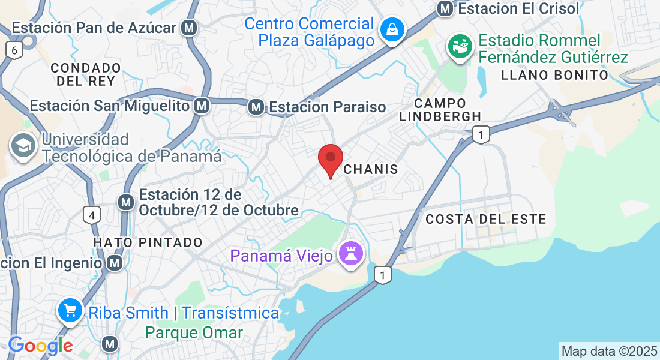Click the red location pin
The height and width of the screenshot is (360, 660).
(x=330, y=159)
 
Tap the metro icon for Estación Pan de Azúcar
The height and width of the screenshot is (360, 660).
(x=190, y=28)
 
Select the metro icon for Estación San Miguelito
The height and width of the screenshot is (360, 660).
(x=202, y=106)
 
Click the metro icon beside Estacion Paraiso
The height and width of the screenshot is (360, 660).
(x=256, y=107)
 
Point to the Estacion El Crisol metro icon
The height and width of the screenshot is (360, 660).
(x=445, y=8)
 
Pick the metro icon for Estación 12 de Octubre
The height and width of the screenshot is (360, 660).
(x=125, y=202)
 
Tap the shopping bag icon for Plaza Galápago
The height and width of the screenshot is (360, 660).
(x=392, y=29)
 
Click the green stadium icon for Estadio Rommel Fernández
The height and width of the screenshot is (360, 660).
(x=460, y=47)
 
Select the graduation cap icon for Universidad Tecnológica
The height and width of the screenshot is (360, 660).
(x=23, y=146)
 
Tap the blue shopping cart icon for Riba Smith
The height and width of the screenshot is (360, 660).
(x=70, y=311)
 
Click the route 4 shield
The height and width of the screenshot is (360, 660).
(x=91, y=214)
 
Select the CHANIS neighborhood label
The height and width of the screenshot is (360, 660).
(x=371, y=170)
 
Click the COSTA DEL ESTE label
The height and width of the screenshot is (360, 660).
(x=485, y=219)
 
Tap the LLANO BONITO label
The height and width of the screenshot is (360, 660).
(x=554, y=75)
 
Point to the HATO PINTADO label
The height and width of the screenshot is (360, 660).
(x=148, y=242)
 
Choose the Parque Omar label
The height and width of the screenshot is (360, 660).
(x=194, y=332)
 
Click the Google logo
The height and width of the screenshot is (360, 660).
(x=40, y=346)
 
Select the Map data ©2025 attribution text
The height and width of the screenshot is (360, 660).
(x=609, y=351)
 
